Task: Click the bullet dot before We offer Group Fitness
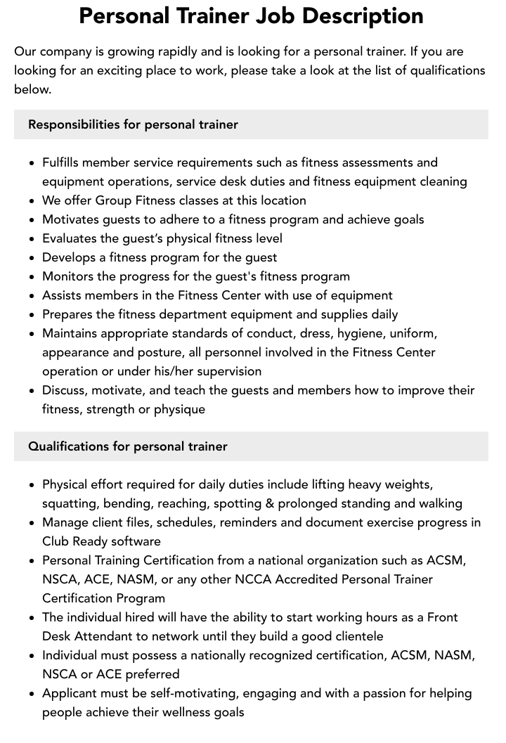[x=32, y=201]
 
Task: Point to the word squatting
[x=70, y=503]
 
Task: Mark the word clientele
[x=353, y=636]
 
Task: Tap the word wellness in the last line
[x=178, y=712]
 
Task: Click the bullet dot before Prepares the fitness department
[x=32, y=315]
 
